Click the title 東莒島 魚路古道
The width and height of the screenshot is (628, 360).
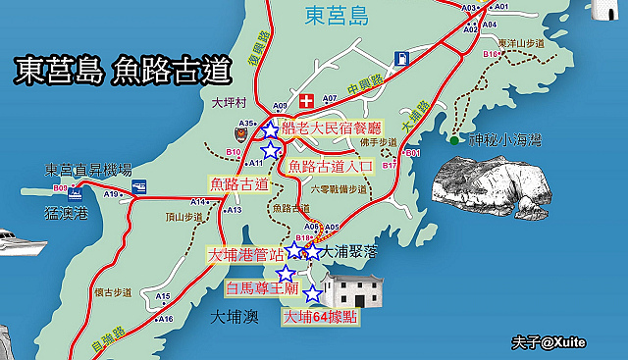pos(122,73)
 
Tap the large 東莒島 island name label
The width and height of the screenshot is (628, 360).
pos(335,17)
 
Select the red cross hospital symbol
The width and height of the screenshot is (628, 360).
pos(306,101)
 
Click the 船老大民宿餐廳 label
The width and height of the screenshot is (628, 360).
pos(331,128)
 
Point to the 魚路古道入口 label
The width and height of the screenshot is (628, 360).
pos(331,167)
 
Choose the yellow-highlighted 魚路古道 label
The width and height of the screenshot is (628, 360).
pos(239,183)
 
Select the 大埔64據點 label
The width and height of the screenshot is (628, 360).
pos(320,317)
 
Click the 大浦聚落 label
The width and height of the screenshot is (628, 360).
pos(350,252)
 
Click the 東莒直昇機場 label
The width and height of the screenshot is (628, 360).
pos(88,170)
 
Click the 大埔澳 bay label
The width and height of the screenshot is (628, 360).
pos(235,317)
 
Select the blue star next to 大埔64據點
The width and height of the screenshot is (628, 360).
pos(312,294)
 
